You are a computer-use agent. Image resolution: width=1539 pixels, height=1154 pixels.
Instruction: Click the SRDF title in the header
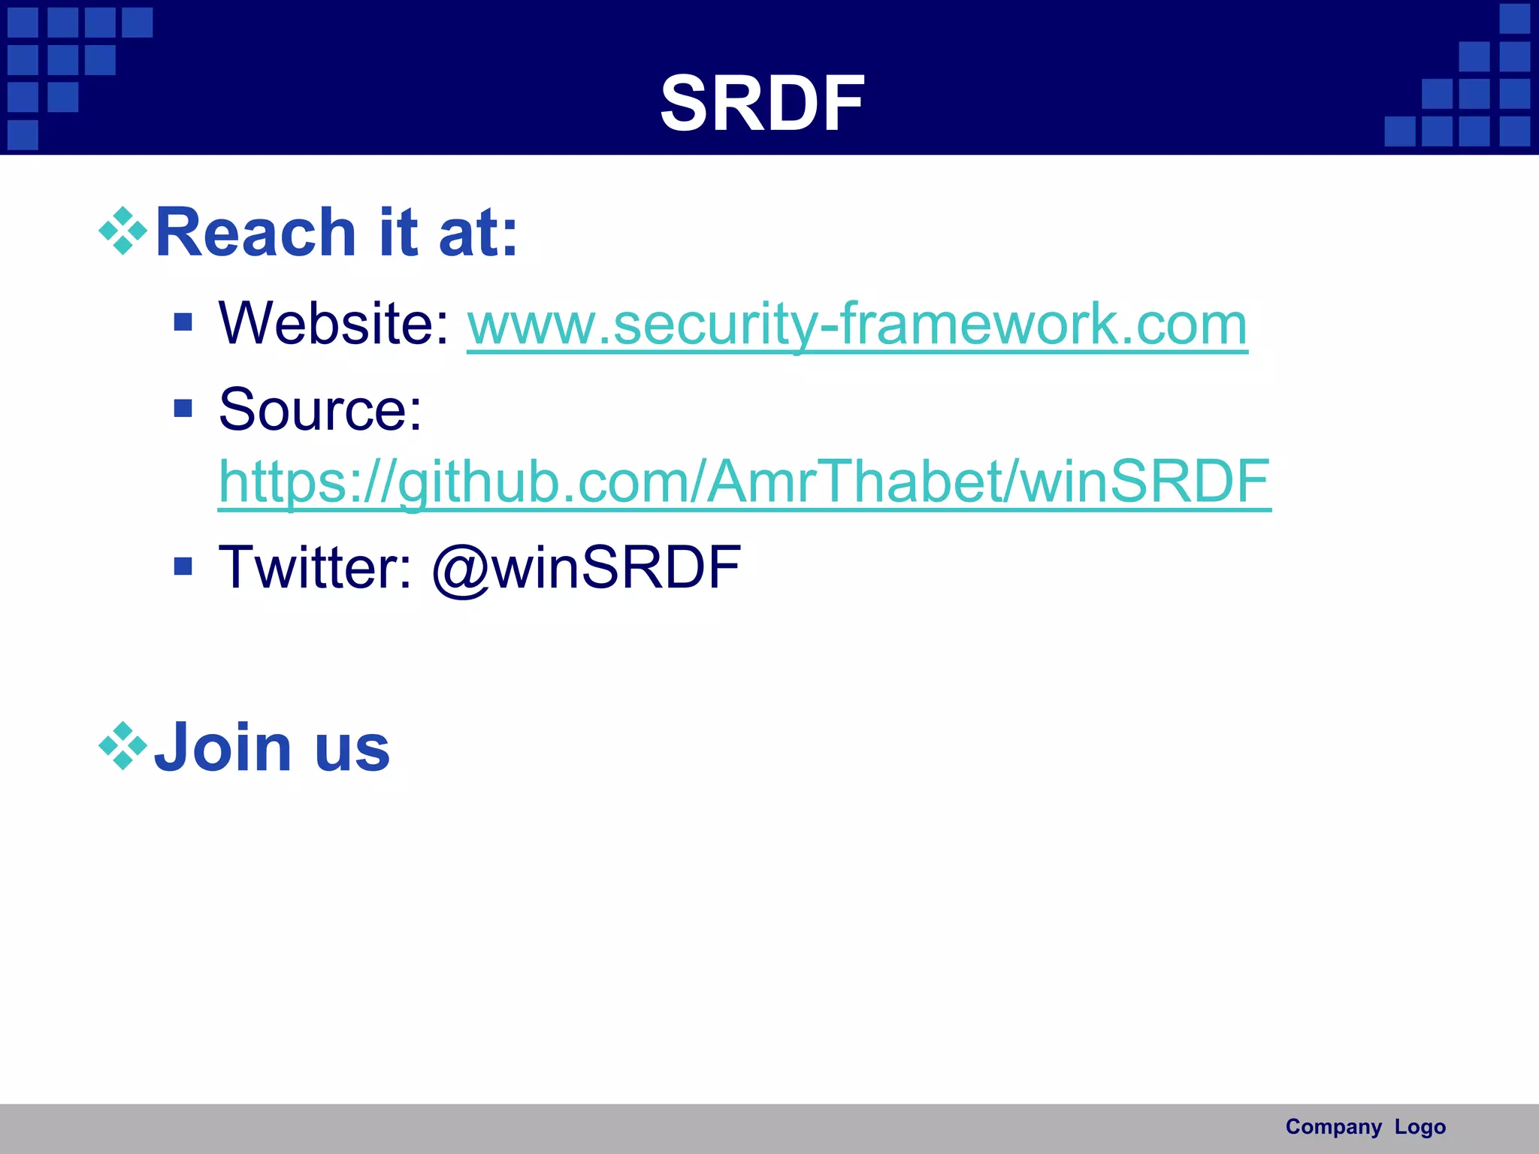click(x=762, y=104)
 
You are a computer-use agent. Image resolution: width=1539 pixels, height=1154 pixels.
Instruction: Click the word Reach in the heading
click(x=255, y=233)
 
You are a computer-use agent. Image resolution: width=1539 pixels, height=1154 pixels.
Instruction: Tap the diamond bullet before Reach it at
click(x=122, y=231)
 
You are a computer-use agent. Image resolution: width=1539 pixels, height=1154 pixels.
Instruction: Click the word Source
click(x=320, y=410)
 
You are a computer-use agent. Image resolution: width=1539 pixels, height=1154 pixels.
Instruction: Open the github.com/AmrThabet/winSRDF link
click(x=744, y=482)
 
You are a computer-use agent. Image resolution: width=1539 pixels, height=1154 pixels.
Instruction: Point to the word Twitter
click(x=315, y=567)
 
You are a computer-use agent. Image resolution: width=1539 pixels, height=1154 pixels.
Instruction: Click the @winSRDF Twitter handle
click(x=587, y=567)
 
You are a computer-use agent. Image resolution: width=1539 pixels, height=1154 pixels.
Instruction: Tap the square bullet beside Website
click(x=183, y=323)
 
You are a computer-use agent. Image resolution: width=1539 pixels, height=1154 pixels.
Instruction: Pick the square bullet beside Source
click(x=183, y=408)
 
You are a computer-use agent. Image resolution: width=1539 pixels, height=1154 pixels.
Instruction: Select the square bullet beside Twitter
click(x=183, y=566)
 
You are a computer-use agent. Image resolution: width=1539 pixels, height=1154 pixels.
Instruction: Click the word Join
click(x=222, y=748)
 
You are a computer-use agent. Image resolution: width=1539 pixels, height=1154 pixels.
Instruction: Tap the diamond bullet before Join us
click(x=122, y=746)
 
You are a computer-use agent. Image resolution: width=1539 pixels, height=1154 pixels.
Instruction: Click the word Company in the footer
click(x=1333, y=1127)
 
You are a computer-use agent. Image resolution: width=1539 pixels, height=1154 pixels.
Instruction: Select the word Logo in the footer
click(x=1420, y=1127)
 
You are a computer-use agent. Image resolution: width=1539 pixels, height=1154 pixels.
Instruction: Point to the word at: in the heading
click(x=478, y=234)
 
